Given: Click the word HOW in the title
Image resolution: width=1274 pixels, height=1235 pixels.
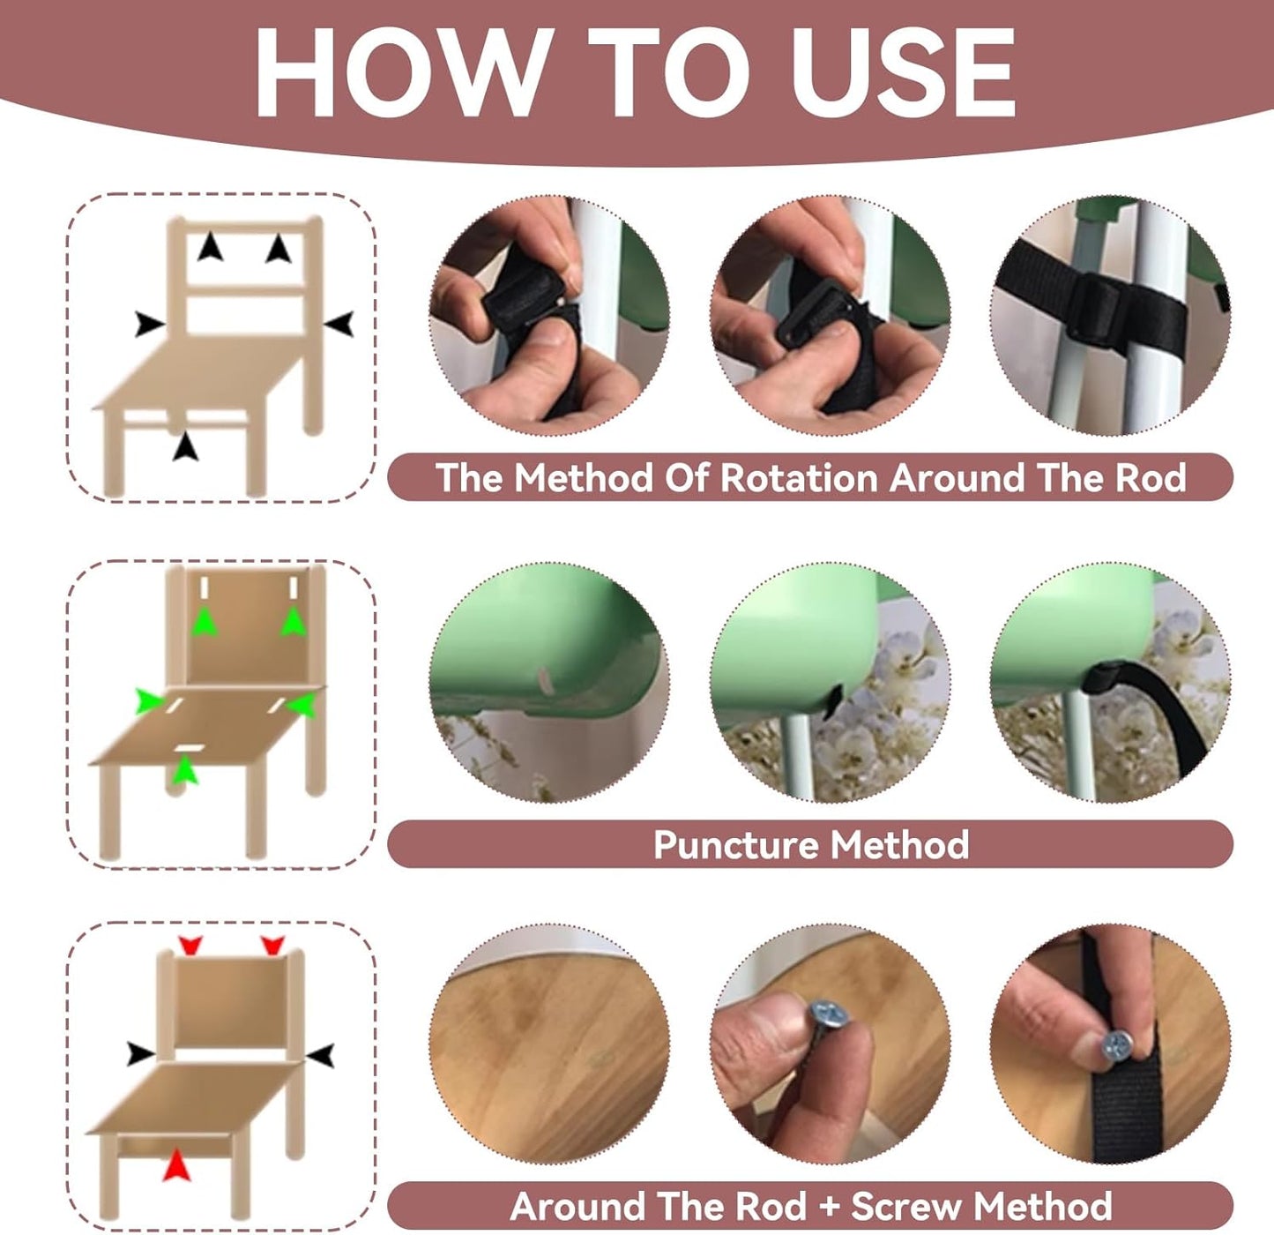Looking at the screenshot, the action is [x=400, y=72].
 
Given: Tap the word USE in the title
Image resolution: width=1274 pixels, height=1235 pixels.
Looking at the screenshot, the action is [x=903, y=72].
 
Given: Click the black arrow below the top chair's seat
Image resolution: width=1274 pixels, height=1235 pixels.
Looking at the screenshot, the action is [x=185, y=446].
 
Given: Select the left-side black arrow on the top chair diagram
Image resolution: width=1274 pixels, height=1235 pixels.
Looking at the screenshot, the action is [x=149, y=325].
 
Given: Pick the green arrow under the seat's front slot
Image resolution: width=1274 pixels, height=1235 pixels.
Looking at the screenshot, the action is [x=186, y=770].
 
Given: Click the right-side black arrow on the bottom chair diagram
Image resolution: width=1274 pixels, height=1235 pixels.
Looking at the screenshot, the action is [x=321, y=1055].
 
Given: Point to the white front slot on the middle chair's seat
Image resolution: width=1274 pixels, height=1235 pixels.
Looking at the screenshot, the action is [x=190, y=748].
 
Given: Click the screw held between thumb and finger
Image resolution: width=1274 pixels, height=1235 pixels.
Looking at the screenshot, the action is [x=826, y=1029].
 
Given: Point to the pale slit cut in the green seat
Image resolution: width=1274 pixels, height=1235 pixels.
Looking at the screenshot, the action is [x=543, y=679].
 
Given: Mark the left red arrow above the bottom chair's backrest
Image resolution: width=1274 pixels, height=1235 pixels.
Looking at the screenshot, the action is [x=190, y=946].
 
